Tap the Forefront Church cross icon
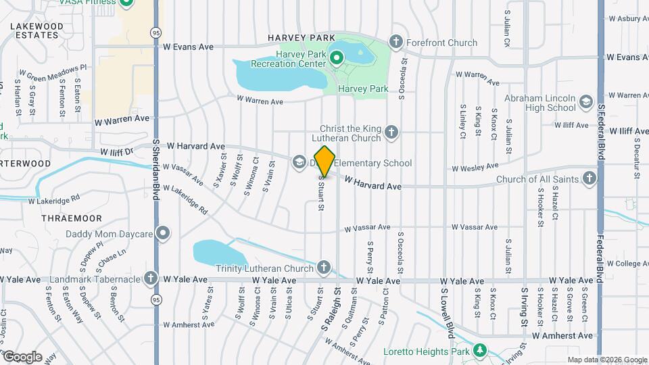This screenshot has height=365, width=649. coord(396,43)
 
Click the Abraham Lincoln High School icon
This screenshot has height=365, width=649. coord(585,102)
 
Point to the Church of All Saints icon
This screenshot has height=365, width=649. coord(590,178)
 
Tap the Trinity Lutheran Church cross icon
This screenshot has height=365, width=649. coord(324,267)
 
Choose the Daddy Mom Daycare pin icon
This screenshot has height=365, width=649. coord(163,234)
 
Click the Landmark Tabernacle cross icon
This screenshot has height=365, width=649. coord(150,279)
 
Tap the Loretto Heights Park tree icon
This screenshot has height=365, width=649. coord(480,351)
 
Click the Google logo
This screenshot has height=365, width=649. coord(22,356)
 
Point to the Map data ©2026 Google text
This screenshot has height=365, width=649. coord(606,360)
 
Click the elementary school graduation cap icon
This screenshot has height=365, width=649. coord(299,162)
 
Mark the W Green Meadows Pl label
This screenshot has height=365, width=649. coord(53,72)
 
